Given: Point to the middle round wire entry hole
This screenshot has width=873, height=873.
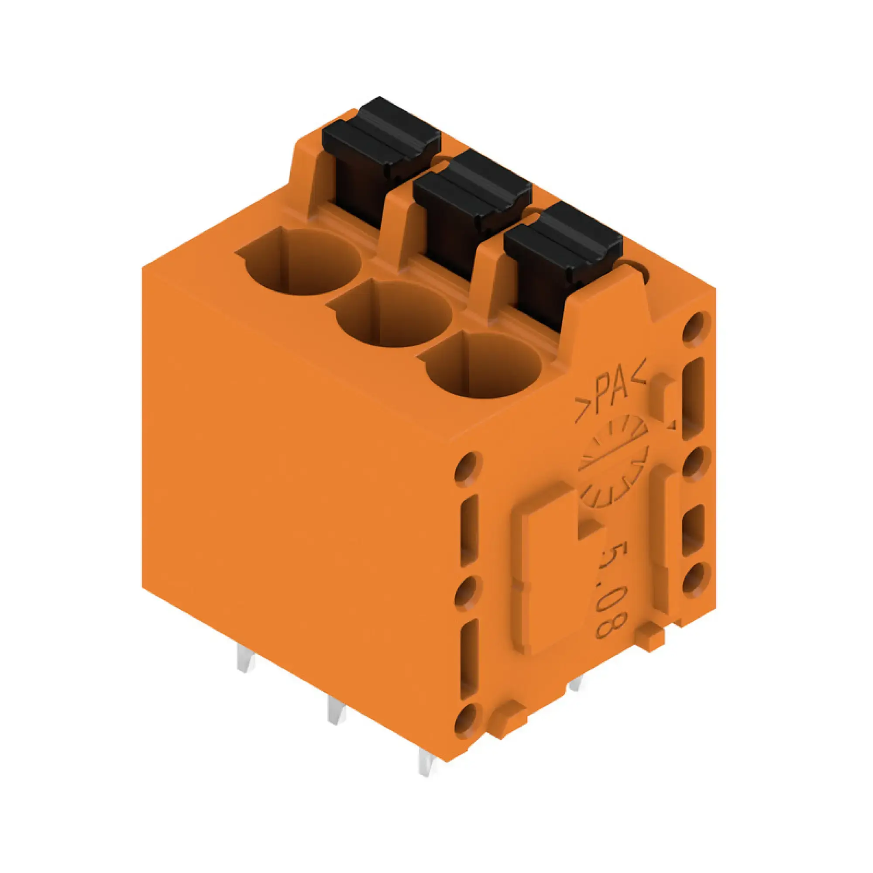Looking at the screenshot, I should tap(393, 314).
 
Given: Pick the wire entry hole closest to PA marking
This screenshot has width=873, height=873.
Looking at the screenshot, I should tap(483, 365).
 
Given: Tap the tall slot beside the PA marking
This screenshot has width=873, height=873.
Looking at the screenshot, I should tap(694, 398).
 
